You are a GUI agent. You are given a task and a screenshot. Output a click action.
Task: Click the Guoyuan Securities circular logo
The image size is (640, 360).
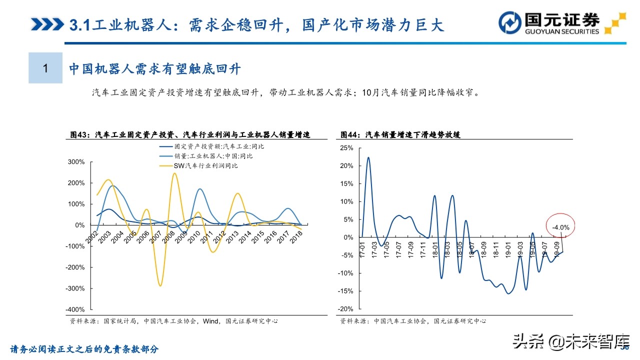pyautogui.click(x=510, y=23)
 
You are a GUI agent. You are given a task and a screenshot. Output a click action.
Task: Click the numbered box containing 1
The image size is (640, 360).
pyautogui.click(x=45, y=68)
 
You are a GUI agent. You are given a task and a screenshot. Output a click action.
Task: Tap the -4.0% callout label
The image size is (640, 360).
pyautogui.click(x=561, y=227)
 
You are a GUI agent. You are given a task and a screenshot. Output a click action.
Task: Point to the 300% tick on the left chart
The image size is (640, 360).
pyautogui.click(x=76, y=162)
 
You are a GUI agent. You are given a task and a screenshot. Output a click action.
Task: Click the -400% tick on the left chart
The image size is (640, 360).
pyautogui.click(x=75, y=310)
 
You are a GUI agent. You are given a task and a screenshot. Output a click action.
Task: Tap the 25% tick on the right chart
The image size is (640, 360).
pyautogui.click(x=346, y=148)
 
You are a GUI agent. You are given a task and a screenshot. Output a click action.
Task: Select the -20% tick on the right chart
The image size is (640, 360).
pyautogui.click(x=345, y=309)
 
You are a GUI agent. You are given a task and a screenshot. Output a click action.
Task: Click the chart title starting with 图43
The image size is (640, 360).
pyautogui.click(x=190, y=134)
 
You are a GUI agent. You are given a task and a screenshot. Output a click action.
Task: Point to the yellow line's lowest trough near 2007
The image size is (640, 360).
pyautogui.click(x=160, y=285)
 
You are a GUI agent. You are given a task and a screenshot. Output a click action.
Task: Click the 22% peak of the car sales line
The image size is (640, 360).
pyautogui.click(x=368, y=157)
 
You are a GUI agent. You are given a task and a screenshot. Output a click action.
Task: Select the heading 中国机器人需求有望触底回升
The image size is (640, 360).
pyautogui.click(x=155, y=68)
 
